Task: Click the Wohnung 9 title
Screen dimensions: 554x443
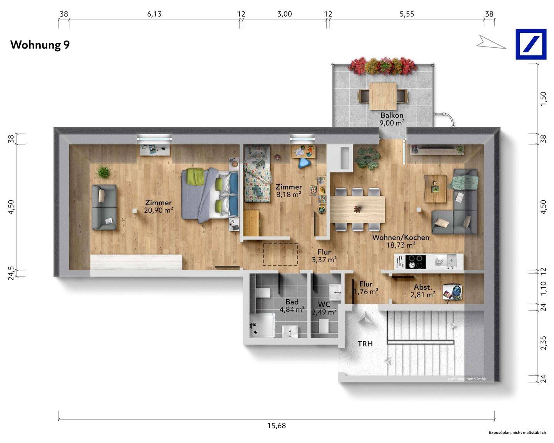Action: point(40,45)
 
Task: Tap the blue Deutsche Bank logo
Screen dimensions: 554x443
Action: point(531,44)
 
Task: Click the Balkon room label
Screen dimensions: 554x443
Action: point(392,115)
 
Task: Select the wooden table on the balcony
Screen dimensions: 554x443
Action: point(383,96)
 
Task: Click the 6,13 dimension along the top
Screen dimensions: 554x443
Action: point(154,14)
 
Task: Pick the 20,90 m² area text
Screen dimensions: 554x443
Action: point(159,210)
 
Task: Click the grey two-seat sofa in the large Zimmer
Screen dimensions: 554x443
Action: point(104,207)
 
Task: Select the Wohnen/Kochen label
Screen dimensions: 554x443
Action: point(400,238)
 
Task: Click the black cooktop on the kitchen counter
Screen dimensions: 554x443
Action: point(415,262)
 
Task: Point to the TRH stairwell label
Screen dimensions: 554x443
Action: point(365,344)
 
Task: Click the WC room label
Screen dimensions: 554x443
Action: point(324,304)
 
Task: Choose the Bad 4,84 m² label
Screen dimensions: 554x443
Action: point(292,305)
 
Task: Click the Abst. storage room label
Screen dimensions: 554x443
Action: point(423,287)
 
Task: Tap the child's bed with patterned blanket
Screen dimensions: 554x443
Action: point(257,173)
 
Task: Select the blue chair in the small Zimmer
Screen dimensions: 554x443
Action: point(305,163)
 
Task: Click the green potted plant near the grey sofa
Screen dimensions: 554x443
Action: point(103,172)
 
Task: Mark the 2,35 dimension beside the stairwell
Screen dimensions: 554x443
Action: point(543,343)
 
